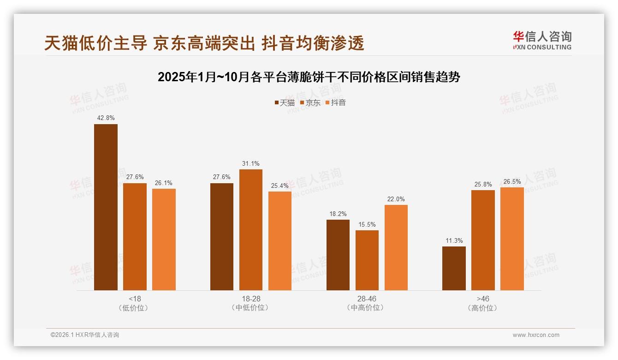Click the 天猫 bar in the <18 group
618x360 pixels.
106,207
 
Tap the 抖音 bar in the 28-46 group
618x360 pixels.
396,247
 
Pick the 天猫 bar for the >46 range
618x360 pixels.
454,268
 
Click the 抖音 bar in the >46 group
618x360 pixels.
512,239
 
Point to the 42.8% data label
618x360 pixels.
106,118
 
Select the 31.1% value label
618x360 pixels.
250,163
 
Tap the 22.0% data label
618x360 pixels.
396,199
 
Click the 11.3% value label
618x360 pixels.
454,240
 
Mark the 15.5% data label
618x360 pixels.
367,224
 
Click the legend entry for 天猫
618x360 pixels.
285,103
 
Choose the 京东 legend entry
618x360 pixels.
310,103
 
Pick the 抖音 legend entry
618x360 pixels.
336,103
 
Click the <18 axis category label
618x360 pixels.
135,299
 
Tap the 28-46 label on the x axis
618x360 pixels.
367,299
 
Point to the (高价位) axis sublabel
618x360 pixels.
482,308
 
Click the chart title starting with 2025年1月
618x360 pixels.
309,77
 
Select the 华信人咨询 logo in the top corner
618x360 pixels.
542,41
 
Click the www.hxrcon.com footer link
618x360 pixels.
536,335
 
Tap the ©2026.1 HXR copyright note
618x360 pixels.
85,335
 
